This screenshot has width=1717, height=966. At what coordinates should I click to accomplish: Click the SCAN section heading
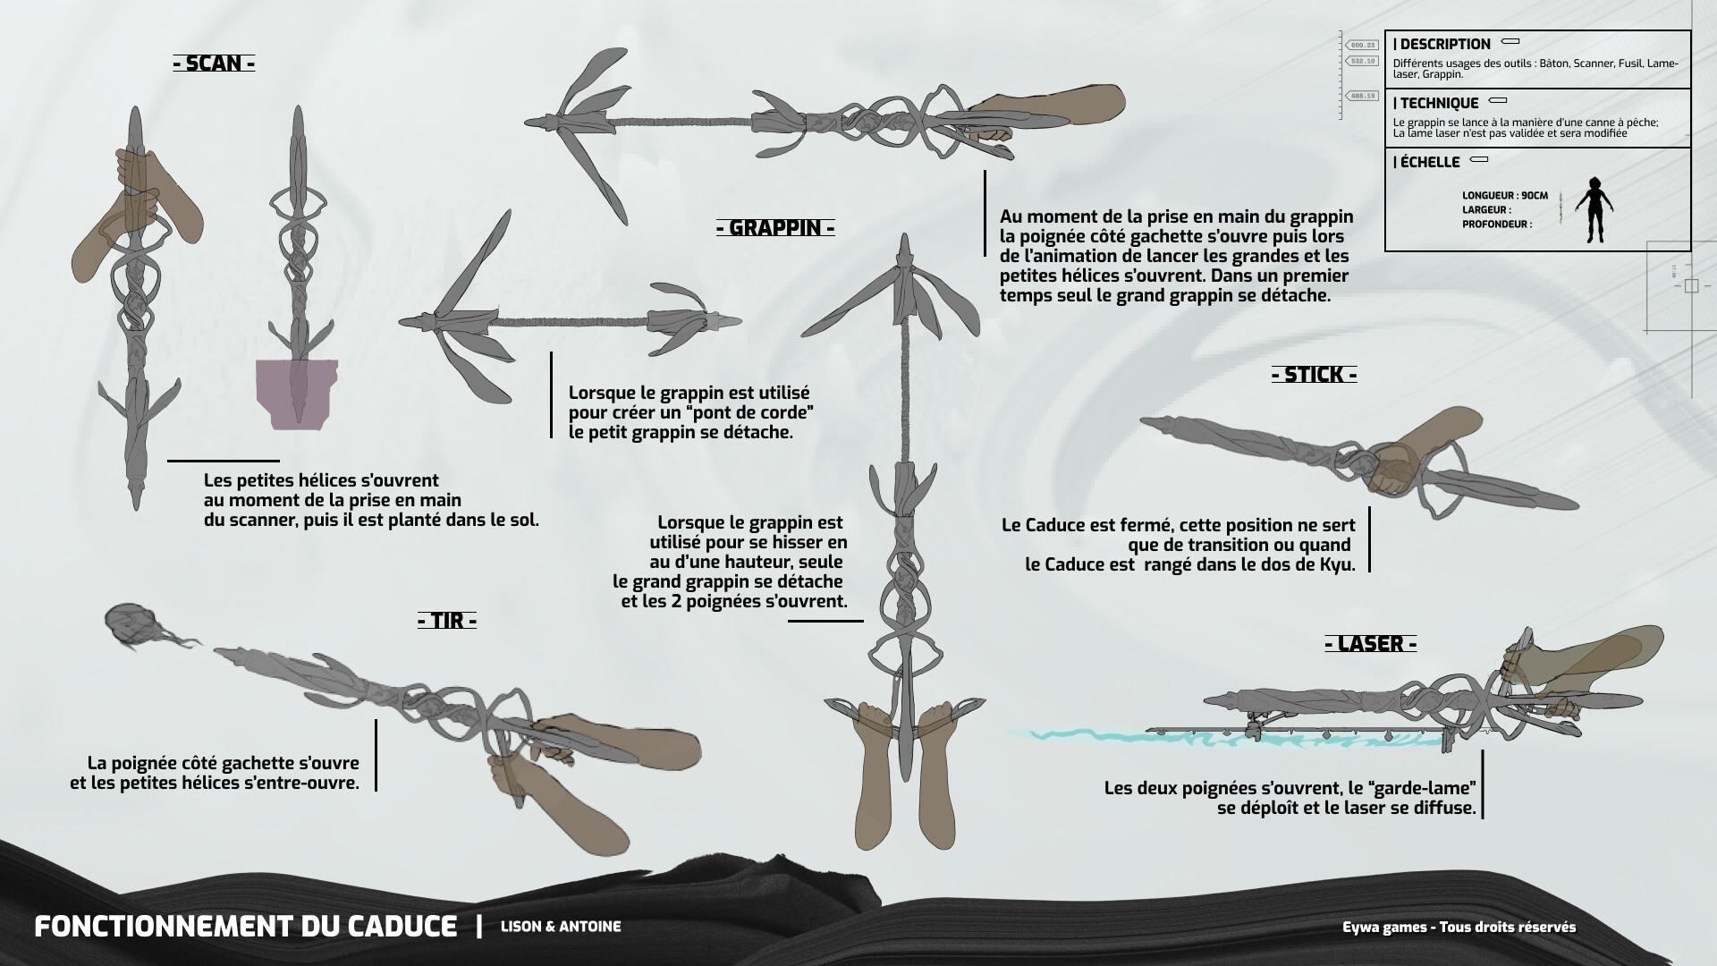pos(214,64)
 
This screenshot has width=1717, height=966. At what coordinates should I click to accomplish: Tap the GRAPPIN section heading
pos(775,228)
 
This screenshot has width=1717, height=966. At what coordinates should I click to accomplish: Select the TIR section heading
pos(447,621)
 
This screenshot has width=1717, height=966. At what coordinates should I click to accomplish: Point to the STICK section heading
pos(1314,375)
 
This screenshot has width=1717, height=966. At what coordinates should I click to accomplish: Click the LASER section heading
pos(1370,644)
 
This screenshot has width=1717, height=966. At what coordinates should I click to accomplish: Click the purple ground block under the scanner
pos(295,394)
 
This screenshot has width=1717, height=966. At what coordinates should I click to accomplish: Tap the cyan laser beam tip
pos(1019,733)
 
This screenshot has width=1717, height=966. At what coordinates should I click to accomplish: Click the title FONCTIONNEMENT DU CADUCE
pos(246,927)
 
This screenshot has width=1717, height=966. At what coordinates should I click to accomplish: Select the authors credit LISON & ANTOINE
pos(561,927)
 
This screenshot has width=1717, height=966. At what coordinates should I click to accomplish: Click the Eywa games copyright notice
pos(1459,927)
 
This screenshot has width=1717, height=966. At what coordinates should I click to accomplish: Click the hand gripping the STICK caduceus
pos(1391,470)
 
